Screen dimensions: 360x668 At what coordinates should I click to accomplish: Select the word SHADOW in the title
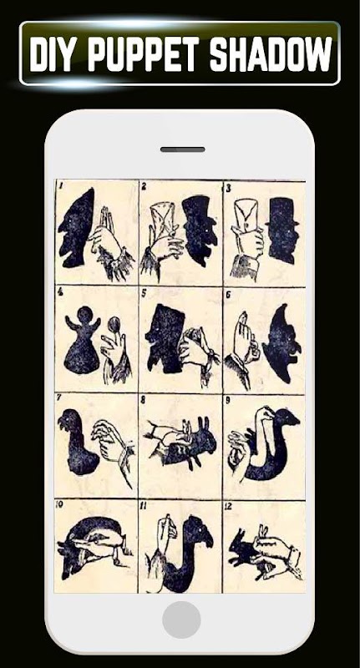(x=271, y=53)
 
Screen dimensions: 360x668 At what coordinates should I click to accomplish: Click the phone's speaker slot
(x=182, y=149)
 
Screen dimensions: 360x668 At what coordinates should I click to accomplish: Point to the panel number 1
(x=60, y=185)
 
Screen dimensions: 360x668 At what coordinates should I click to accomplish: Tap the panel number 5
(x=145, y=293)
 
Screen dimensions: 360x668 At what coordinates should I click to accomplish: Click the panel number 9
(x=229, y=401)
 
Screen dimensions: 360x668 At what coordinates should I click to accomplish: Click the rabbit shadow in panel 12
(x=245, y=552)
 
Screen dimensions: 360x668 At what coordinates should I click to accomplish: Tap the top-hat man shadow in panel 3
(x=281, y=230)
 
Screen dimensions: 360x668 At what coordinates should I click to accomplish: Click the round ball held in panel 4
(x=114, y=326)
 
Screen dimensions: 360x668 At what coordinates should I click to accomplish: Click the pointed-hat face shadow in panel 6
(x=282, y=343)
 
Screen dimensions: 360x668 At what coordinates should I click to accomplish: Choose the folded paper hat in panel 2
(x=163, y=218)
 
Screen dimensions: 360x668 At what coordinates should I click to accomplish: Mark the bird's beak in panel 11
(x=210, y=539)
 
